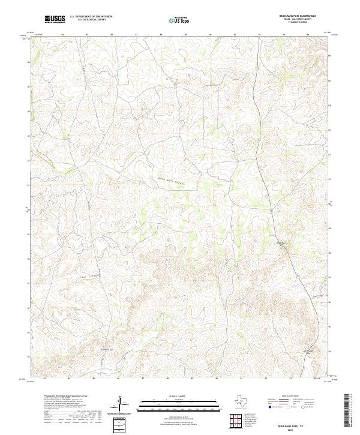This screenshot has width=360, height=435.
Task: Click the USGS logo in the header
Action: click(55, 20)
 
